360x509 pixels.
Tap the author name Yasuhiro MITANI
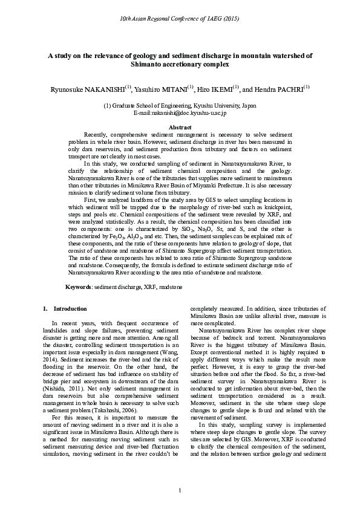click(x=160, y=89)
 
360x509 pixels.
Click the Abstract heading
click(x=180, y=127)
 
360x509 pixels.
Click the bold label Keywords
click(x=78, y=285)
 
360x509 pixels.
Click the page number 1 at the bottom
click(x=180, y=489)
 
